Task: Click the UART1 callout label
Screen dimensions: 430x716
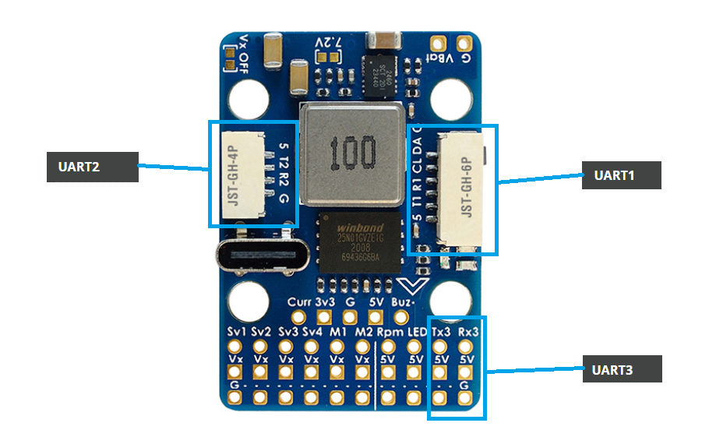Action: (622, 175)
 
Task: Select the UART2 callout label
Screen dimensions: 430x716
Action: (92, 166)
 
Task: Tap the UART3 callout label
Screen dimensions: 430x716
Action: (622, 369)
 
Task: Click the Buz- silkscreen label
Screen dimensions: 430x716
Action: (403, 302)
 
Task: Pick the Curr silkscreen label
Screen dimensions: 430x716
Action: (299, 302)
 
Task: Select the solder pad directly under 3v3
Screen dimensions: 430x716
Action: (325, 317)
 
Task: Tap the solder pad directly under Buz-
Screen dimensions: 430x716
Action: (402, 317)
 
